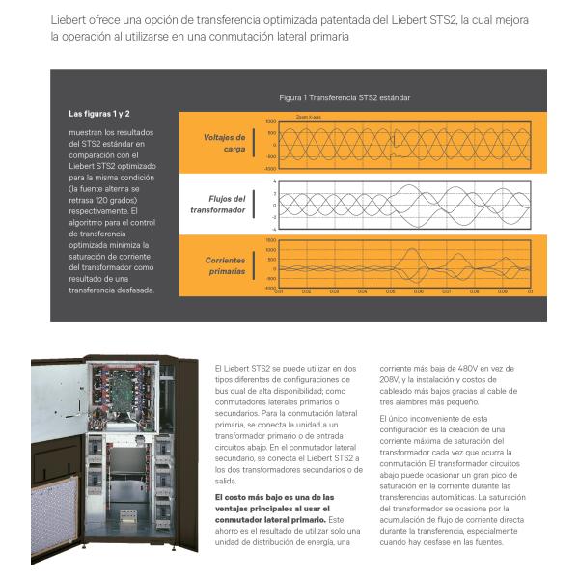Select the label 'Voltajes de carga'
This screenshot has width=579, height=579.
pyautogui.click(x=224, y=143)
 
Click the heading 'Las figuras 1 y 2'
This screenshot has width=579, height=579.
pyautogui.click(x=99, y=114)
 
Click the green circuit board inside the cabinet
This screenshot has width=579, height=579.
pyautogui.click(x=123, y=390)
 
